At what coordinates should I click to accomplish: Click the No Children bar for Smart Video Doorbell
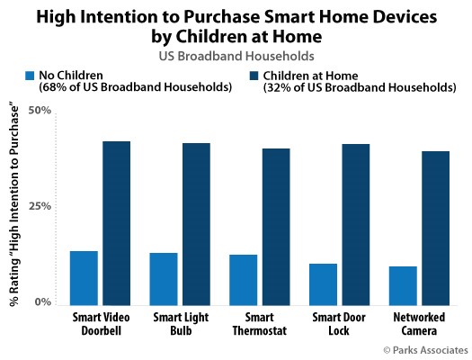click(x=84, y=278)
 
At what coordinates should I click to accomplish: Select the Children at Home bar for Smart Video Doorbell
click(x=117, y=223)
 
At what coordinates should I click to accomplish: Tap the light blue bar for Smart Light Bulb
click(x=164, y=279)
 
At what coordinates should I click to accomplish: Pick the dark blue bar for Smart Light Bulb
click(x=196, y=224)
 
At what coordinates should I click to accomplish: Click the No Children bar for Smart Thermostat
click(x=244, y=280)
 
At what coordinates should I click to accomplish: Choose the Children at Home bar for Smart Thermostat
click(x=276, y=227)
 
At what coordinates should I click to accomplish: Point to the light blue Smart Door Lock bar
click(x=323, y=284)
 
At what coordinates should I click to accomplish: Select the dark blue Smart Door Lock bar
click(x=356, y=225)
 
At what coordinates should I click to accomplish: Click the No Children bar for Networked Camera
click(x=403, y=286)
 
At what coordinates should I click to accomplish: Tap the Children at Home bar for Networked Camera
click(x=435, y=229)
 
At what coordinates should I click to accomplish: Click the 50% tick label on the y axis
click(x=40, y=111)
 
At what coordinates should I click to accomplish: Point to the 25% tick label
click(x=40, y=206)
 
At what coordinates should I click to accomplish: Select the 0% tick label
click(x=43, y=301)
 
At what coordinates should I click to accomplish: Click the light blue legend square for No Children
click(x=30, y=76)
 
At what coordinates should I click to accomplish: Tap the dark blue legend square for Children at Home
click(x=254, y=76)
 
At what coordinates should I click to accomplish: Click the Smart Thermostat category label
click(x=260, y=324)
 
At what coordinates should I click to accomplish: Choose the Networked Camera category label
click(x=419, y=324)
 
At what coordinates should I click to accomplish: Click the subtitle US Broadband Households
click(x=236, y=56)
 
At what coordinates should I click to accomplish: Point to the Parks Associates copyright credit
click(x=425, y=350)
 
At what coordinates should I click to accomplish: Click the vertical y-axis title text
click(x=13, y=206)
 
